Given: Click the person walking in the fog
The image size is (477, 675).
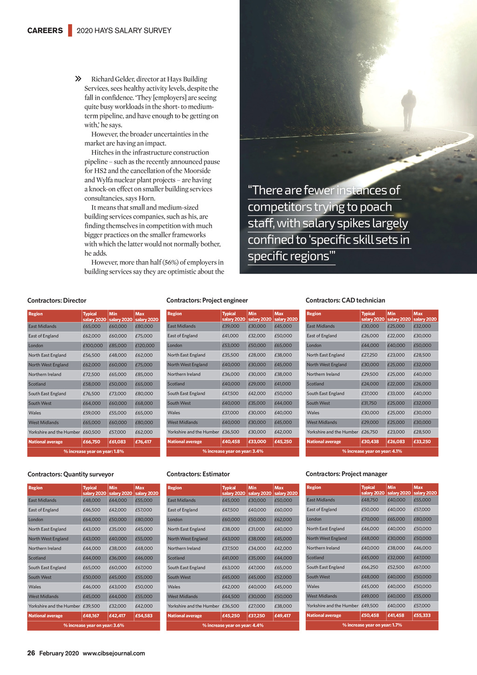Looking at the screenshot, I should [x=408, y=110].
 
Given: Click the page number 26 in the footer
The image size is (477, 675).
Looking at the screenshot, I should [x=31, y=653].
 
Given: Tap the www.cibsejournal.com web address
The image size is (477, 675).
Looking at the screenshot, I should [x=114, y=653].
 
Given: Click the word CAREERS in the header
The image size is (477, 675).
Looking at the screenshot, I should [x=45, y=31].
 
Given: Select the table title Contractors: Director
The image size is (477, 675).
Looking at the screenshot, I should [x=57, y=301].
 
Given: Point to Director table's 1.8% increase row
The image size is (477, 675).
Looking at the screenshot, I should [x=94, y=451].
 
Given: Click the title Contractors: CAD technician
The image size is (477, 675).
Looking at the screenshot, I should [x=345, y=300].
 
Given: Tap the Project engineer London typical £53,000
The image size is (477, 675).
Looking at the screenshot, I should [x=231, y=345].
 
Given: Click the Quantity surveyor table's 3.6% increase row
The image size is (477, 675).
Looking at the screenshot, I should [x=94, y=625].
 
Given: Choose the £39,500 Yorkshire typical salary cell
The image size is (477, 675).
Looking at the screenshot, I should [x=91, y=606].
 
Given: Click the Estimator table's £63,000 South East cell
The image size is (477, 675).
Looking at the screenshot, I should [x=231, y=567].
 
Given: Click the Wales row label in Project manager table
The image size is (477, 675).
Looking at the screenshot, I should [x=313, y=586].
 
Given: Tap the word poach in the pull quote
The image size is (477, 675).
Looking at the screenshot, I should [x=375, y=207].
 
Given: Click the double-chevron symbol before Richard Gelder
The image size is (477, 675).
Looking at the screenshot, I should [x=78, y=79].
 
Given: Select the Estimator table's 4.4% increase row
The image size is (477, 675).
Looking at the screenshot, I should [x=233, y=625].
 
